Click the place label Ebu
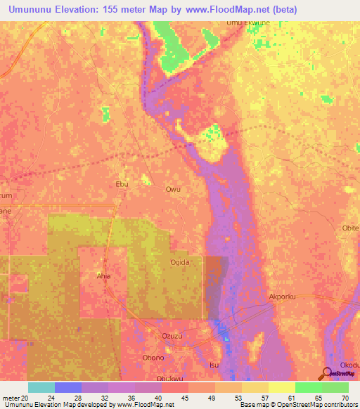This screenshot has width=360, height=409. (122, 184)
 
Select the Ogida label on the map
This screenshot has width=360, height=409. (181, 261)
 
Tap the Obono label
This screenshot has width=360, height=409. (153, 357)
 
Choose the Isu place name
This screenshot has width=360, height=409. (215, 365)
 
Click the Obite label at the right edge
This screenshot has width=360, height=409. (350, 228)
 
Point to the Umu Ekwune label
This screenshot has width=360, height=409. (247, 23)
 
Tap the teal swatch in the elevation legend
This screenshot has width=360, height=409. (41, 387)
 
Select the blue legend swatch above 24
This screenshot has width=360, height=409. (67, 387)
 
